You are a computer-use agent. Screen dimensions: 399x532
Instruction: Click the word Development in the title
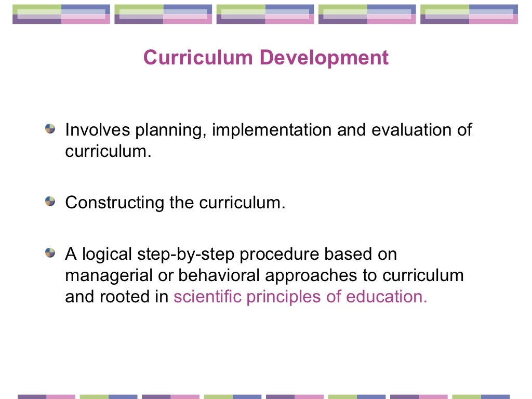[324, 58]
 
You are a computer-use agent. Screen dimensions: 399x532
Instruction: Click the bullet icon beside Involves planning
[50, 129]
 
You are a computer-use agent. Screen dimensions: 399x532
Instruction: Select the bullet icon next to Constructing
[50, 201]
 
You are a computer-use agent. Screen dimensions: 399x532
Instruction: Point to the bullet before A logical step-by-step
[50, 254]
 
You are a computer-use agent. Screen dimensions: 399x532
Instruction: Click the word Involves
[97, 130]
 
